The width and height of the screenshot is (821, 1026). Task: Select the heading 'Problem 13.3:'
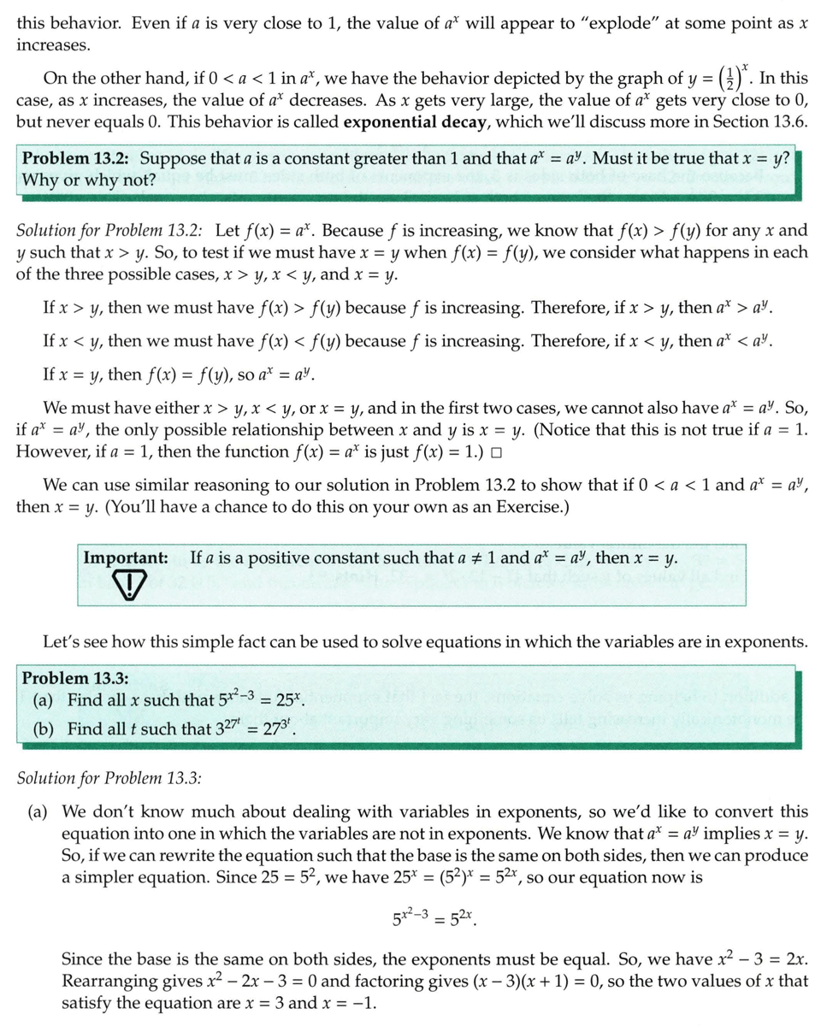click(x=75, y=678)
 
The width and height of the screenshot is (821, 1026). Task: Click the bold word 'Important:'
click(x=125, y=557)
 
